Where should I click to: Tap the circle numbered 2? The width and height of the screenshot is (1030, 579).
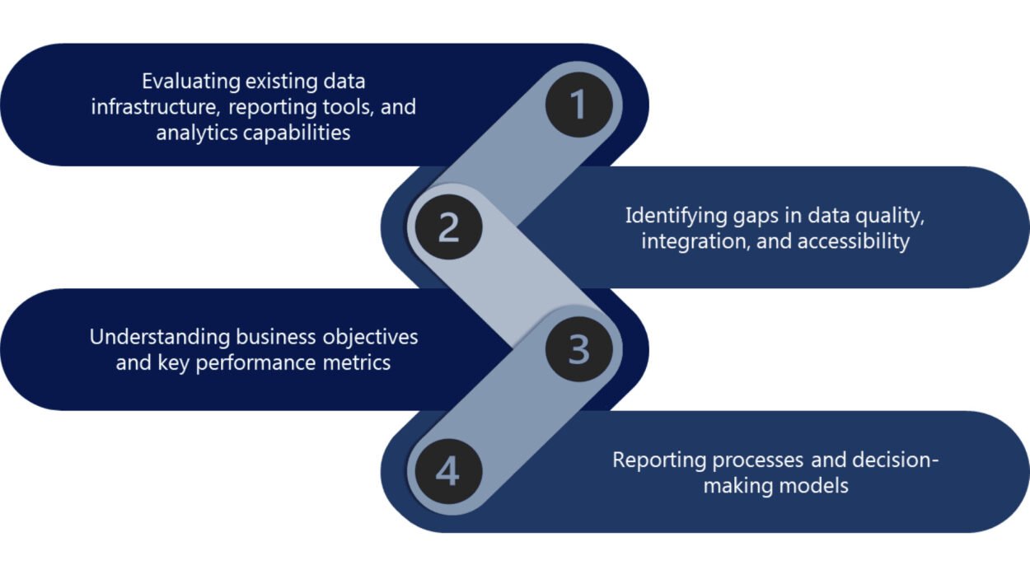click(447, 226)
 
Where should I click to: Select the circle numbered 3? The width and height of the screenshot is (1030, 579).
click(578, 349)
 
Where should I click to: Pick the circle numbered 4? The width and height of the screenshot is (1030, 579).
click(447, 472)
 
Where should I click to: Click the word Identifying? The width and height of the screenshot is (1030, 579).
click(672, 216)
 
